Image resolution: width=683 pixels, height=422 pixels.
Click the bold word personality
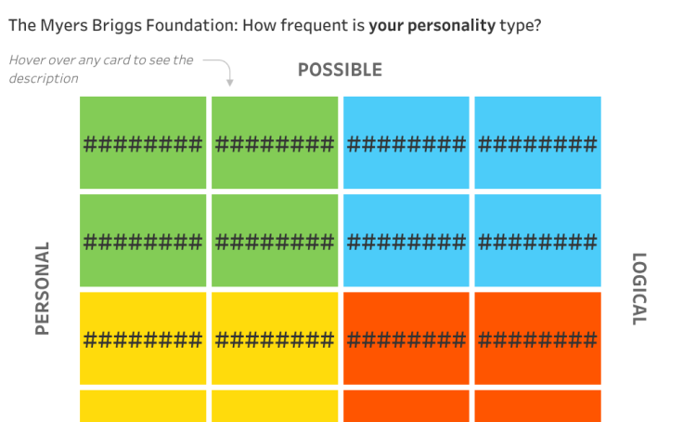(451, 26)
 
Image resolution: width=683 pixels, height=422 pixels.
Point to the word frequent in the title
(314, 26)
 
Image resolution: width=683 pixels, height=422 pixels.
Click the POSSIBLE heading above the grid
(340, 70)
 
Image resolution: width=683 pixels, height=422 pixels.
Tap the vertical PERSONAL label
(43, 288)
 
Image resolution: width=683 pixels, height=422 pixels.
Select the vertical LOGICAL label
(639, 289)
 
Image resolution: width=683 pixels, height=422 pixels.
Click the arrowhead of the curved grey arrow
(230, 83)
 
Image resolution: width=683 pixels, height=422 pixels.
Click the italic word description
(44, 79)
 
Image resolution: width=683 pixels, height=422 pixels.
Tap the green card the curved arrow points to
(275, 143)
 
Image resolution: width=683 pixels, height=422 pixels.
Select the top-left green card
(143, 143)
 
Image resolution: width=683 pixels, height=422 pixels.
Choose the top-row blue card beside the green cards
(406, 143)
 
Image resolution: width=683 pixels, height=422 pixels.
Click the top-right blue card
(537, 143)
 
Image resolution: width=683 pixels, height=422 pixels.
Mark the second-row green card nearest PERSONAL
(143, 241)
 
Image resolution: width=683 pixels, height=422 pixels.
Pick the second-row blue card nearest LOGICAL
(537, 241)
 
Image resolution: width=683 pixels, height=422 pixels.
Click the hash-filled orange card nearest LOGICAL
(537, 338)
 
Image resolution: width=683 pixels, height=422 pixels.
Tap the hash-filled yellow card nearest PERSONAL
(143, 338)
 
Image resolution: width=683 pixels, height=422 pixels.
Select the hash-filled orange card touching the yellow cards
(406, 338)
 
